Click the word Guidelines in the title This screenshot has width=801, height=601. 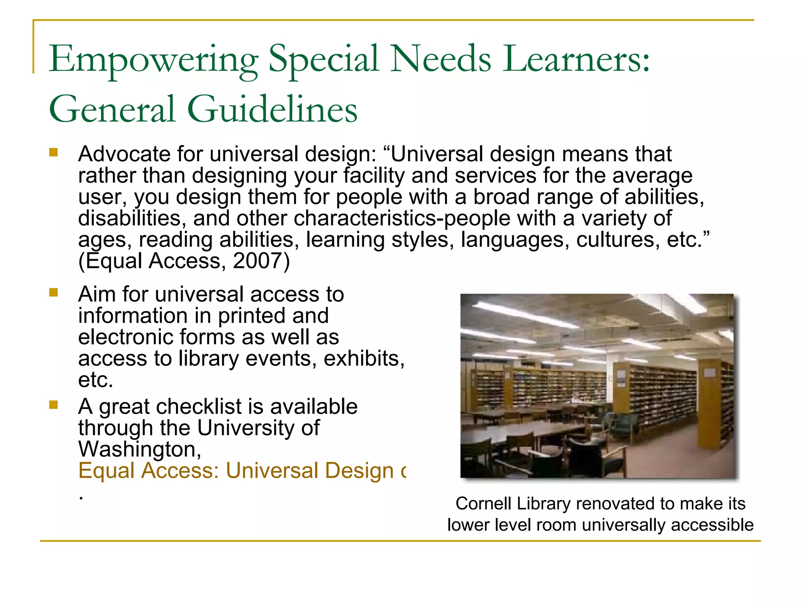272,110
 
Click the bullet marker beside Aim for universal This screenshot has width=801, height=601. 54,292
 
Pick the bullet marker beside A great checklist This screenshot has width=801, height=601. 54,405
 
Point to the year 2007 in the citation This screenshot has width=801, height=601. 257,261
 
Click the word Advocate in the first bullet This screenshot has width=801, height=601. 124,154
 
